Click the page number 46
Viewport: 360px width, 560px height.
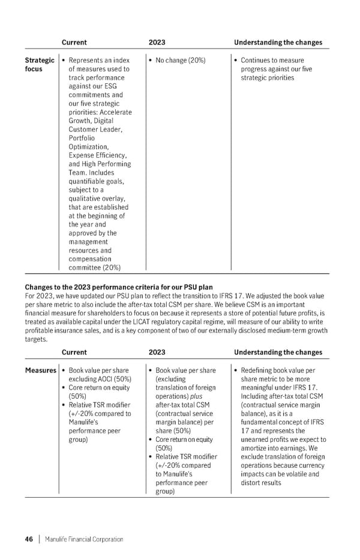coord(29,539)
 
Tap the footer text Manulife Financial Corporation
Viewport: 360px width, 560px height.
coord(84,539)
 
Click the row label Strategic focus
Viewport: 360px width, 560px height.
coord(39,65)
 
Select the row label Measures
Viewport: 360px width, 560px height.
coord(40,371)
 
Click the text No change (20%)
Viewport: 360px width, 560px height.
coord(180,61)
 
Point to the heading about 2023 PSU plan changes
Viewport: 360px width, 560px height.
coord(119,287)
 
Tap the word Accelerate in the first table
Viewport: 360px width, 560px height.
coord(115,112)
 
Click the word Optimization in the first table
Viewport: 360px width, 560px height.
coord(89,147)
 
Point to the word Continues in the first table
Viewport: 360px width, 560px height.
coord(257,61)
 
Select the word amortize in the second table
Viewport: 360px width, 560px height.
coord(254,448)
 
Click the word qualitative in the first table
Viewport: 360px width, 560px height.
coord(88,198)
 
